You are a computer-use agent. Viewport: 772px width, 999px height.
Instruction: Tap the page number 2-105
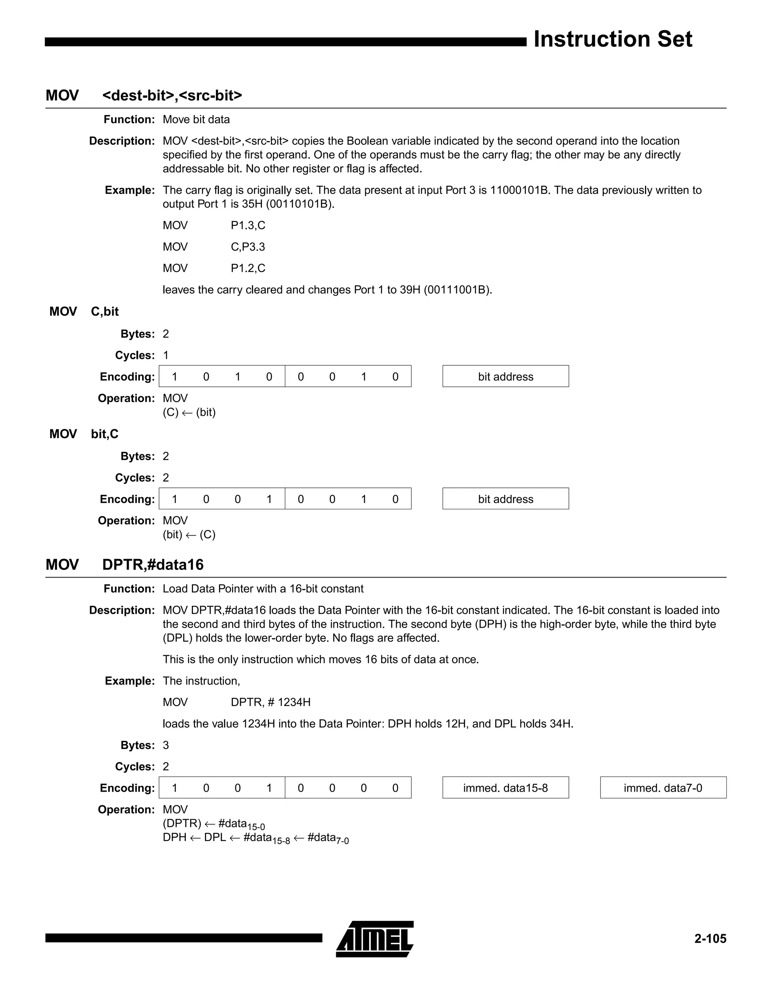pos(710,939)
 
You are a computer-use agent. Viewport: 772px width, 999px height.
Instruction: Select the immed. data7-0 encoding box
pos(663,788)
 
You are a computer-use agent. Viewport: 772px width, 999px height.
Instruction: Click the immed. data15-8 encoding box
pos(505,788)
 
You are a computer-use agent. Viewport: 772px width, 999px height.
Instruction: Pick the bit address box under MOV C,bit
pos(505,377)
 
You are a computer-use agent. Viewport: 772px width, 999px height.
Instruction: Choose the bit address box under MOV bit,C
pos(505,499)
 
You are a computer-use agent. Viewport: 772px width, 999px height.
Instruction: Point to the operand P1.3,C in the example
pos(248,225)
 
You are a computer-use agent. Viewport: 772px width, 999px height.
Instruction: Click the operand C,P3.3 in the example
pos(248,247)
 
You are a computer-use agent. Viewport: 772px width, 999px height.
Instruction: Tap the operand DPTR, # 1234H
pos(270,702)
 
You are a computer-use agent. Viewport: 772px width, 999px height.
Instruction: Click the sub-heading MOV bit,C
pos(84,434)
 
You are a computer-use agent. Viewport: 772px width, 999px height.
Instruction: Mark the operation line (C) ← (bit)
pos(189,412)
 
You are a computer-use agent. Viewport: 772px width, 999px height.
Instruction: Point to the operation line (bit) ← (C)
pos(189,535)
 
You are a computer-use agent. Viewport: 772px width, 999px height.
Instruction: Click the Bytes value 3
pos(165,745)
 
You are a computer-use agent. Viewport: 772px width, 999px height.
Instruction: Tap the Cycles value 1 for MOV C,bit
pos(165,355)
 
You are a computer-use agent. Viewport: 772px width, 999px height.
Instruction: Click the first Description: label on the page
pos(122,141)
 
